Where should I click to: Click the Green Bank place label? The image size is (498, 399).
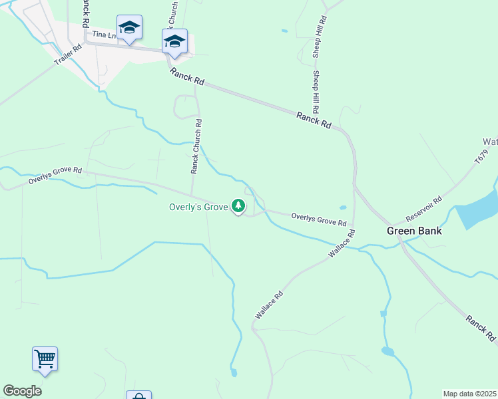point(415,231)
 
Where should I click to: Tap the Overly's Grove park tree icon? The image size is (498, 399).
point(238,206)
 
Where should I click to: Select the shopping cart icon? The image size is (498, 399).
point(45,359)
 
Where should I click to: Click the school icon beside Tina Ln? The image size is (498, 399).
point(129,27)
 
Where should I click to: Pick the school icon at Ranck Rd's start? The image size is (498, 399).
point(174,41)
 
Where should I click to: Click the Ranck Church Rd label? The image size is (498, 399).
point(196,146)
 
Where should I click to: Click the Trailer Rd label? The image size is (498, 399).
point(68,55)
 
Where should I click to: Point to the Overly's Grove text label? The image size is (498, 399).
point(197,207)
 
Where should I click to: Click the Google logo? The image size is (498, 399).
point(22,391)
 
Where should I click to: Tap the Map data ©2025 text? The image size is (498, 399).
point(469,394)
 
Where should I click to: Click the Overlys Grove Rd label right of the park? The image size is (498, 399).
point(319,219)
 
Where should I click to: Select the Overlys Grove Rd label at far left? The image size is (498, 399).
point(55,176)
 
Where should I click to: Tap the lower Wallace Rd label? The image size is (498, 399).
point(269,305)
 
